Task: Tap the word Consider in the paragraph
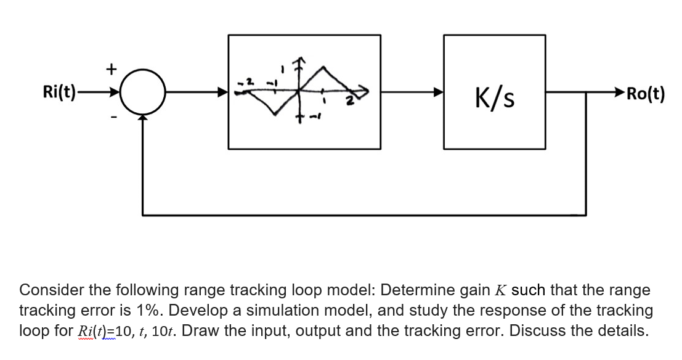[x=51, y=290]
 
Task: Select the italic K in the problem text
[x=500, y=290]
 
